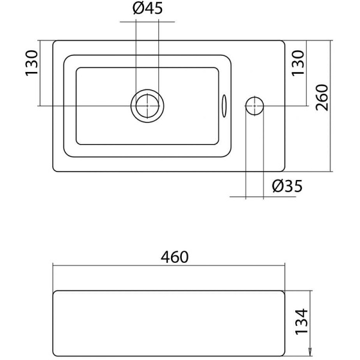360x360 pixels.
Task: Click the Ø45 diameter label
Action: coord(147,9)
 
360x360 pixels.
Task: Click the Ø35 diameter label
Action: coord(286,187)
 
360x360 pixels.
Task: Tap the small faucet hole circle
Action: coord(254,106)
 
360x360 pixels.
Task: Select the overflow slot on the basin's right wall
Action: coord(224,106)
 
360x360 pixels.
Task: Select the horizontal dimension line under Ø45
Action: coord(147,23)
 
